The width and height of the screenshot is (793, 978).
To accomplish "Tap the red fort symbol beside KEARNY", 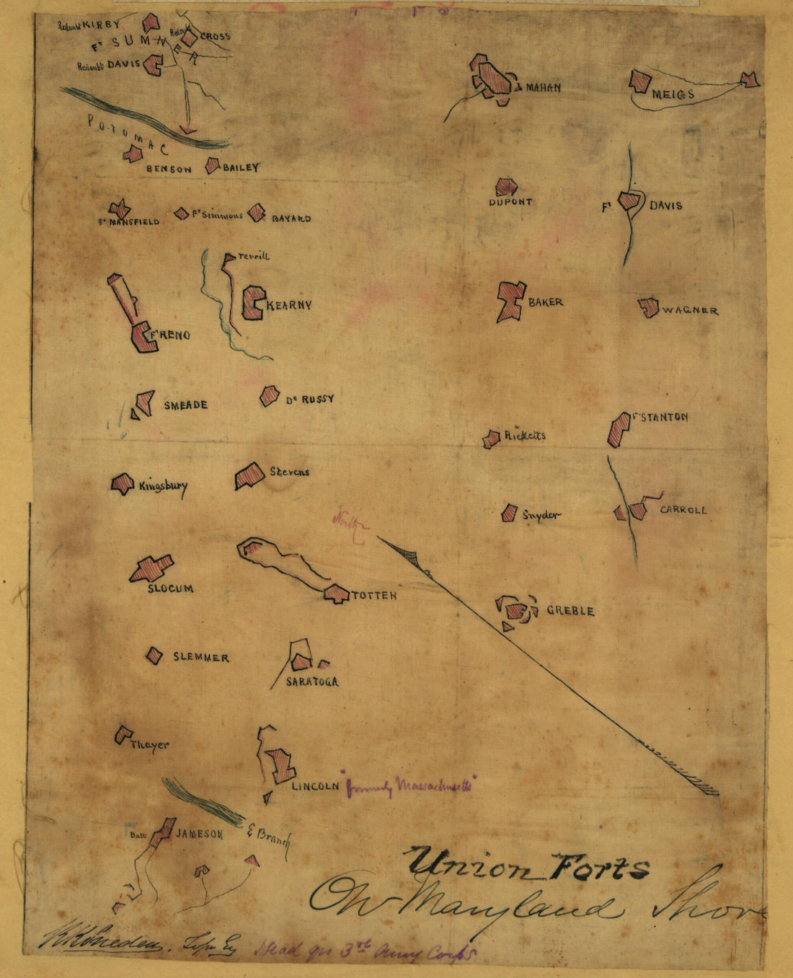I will [252, 303].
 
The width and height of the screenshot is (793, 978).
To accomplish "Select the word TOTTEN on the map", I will [373, 596].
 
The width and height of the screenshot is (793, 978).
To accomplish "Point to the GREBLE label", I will [570, 611].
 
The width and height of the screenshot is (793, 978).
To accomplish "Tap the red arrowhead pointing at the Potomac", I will [187, 131].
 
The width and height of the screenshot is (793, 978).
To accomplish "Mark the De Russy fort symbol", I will [270, 395].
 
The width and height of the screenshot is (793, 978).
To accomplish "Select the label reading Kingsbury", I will [162, 486].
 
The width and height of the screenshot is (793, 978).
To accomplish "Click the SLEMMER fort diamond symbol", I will [154, 656].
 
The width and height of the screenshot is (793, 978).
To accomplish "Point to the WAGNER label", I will [690, 311].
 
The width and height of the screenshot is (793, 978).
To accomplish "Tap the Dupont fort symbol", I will [506, 188].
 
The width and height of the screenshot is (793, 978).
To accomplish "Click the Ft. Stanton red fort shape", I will [619, 428].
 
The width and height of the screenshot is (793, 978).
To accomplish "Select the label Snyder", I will [541, 515].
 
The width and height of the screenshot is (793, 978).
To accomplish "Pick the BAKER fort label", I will [545, 302].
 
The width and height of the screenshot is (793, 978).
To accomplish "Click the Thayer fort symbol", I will [123, 735].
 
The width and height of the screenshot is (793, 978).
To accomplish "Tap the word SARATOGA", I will [311, 682].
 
